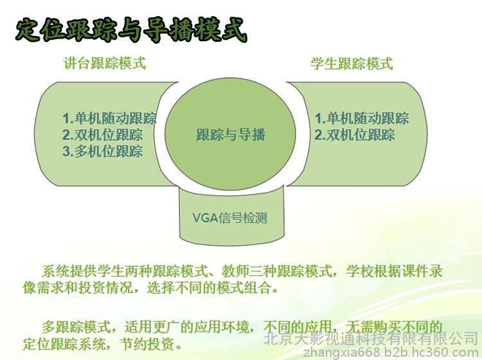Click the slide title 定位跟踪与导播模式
[x=132, y=30]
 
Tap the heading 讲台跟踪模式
[x=105, y=64]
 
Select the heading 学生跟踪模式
[x=352, y=64]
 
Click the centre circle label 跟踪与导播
[x=231, y=134]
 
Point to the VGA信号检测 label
[x=229, y=218]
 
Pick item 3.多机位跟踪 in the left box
[x=103, y=151]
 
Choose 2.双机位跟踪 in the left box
[x=103, y=134]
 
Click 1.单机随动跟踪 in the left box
[x=110, y=118]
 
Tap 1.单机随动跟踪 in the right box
[x=362, y=118]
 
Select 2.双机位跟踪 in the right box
[x=355, y=134]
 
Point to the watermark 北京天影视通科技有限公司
[x=371, y=338]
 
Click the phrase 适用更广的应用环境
[x=186, y=327]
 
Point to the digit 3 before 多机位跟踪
[x=66, y=152]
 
